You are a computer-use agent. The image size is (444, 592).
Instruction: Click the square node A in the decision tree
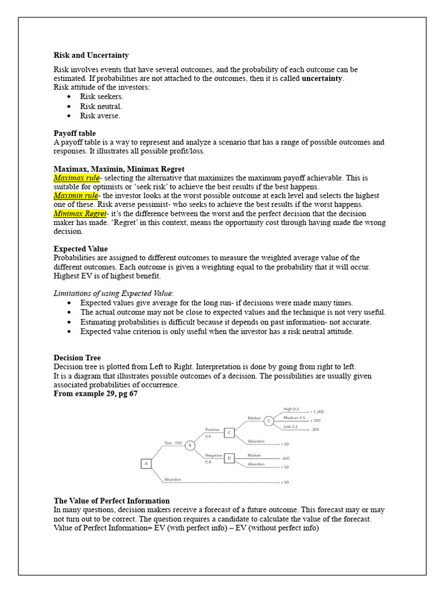[146, 463]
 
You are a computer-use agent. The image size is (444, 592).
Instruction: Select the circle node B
[190, 446]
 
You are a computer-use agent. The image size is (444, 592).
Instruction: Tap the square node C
[230, 432]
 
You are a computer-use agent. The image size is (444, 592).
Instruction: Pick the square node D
[230, 458]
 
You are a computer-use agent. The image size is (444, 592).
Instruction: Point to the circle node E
[269, 420]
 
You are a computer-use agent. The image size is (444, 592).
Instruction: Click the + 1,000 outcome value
[317, 412]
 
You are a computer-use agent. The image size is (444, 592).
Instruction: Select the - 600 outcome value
[285, 458]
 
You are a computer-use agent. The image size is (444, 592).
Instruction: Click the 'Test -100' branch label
[173, 443]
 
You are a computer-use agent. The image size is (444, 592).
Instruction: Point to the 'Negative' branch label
[213, 455]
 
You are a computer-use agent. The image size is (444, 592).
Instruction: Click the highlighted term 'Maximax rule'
[76, 178]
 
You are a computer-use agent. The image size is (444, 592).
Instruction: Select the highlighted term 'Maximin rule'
[76, 195]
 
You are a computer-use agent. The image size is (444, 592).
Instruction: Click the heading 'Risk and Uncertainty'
[91, 55]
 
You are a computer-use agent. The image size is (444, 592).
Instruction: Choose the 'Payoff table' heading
[75, 133]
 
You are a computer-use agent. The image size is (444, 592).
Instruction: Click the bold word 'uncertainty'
[322, 79]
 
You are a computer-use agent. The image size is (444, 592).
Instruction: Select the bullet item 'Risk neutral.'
[101, 106]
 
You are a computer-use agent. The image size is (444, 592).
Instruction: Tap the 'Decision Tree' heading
[77, 358]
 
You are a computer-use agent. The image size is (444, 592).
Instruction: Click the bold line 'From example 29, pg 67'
[95, 394]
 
